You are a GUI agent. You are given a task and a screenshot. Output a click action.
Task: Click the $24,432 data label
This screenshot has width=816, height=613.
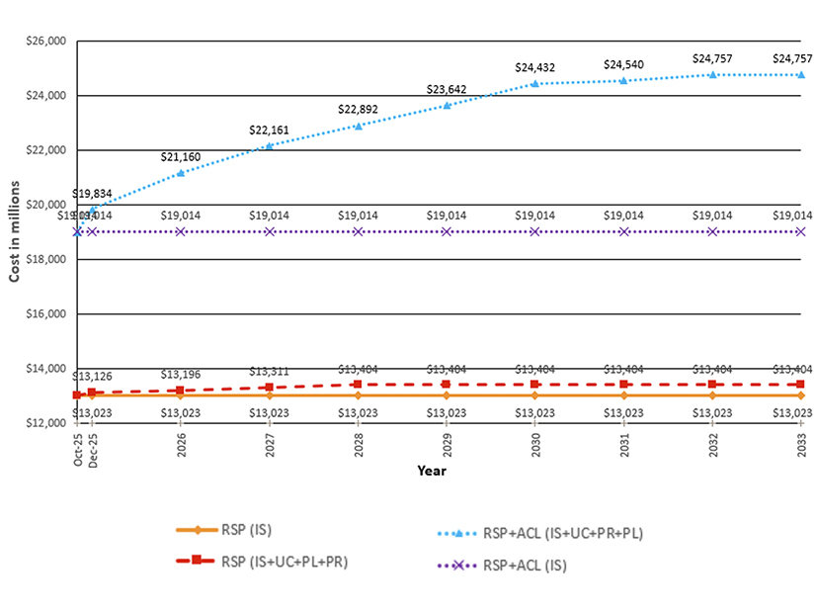click(x=534, y=67)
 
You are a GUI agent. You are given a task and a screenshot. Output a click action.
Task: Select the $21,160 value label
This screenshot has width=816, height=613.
click(x=181, y=156)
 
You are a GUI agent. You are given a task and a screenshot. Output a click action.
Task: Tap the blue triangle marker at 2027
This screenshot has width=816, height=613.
click(x=269, y=145)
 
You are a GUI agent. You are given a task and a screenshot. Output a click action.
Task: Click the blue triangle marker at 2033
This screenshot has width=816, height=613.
click(x=800, y=74)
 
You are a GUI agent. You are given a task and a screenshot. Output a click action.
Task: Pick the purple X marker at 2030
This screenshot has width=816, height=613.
click(x=534, y=231)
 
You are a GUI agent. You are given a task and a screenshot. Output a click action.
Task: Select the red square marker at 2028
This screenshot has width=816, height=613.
click(x=358, y=385)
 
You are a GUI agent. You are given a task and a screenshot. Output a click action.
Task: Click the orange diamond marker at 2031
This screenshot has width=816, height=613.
click(x=623, y=395)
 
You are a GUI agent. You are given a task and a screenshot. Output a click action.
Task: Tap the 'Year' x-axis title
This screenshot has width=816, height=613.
click(x=431, y=471)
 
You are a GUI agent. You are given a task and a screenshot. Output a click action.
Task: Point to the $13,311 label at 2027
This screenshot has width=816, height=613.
click(x=269, y=371)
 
